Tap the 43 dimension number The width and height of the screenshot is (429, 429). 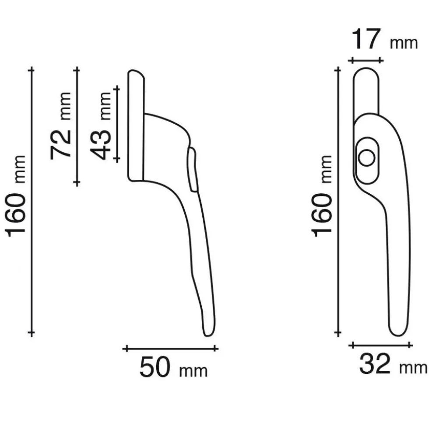101,144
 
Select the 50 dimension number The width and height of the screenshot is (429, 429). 155,367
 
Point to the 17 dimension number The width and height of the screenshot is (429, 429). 366,39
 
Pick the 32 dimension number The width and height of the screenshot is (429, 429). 374,363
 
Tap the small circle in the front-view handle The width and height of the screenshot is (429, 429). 366,158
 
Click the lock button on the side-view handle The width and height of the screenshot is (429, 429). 192,169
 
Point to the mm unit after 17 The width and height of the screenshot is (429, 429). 404,43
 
